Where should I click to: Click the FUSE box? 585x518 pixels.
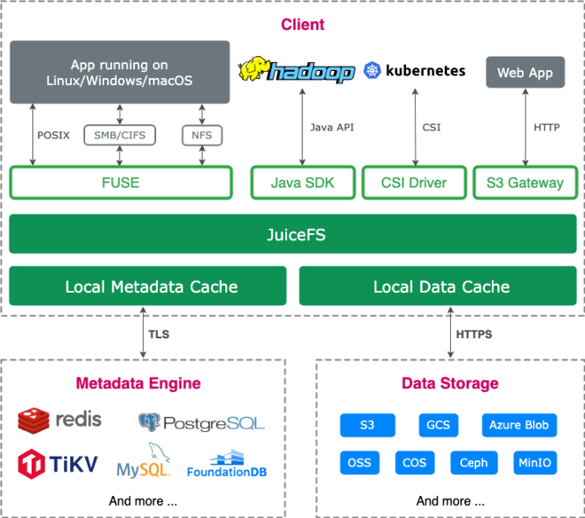click(x=121, y=183)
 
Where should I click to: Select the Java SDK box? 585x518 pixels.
click(x=302, y=183)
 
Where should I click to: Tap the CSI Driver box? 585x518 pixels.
click(x=414, y=183)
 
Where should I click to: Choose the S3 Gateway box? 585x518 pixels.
click(x=525, y=183)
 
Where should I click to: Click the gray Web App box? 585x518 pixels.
click(x=525, y=73)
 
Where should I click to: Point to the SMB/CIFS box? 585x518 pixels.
click(x=121, y=135)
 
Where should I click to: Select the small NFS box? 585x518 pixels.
click(x=202, y=135)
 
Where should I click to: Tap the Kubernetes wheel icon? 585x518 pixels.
click(x=371, y=71)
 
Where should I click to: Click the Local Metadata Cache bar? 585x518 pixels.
click(x=148, y=286)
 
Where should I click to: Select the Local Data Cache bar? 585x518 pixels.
click(x=441, y=286)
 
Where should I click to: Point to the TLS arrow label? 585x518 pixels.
click(x=160, y=334)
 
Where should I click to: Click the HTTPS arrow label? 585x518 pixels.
click(x=473, y=334)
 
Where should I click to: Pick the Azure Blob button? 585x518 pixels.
click(x=519, y=425)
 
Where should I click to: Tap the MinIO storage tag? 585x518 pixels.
click(x=534, y=462)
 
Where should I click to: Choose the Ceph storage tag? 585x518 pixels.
click(x=473, y=462)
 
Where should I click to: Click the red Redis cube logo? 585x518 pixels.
click(x=33, y=420)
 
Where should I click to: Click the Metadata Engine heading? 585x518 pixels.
click(x=137, y=384)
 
